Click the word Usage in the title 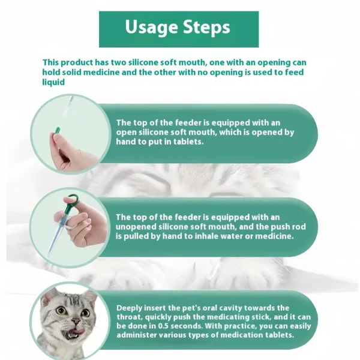[x=151, y=28]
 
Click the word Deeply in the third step [x=131, y=308]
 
